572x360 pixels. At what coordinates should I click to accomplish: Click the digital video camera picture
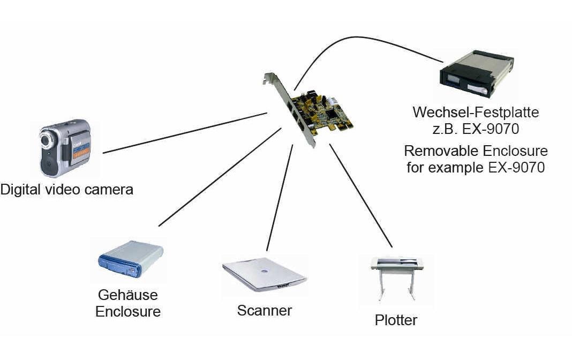pos(64,147)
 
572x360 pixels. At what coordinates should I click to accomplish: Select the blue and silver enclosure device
pos(131,259)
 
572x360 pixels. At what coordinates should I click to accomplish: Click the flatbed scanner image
pos(264,275)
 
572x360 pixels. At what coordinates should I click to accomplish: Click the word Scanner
pos(265,310)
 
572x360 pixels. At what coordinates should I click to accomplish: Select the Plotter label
pos(396,320)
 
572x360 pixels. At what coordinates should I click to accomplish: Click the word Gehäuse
pos(128,295)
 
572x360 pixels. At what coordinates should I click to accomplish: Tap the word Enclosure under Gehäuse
pos(128,311)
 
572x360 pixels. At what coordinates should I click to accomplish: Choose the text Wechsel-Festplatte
pos(475,113)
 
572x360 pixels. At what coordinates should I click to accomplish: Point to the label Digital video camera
pos(66,189)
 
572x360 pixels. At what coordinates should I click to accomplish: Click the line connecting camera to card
pos(185,133)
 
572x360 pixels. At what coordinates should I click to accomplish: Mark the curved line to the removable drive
pos(364,39)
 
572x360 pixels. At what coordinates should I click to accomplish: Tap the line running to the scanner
pos(280,198)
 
